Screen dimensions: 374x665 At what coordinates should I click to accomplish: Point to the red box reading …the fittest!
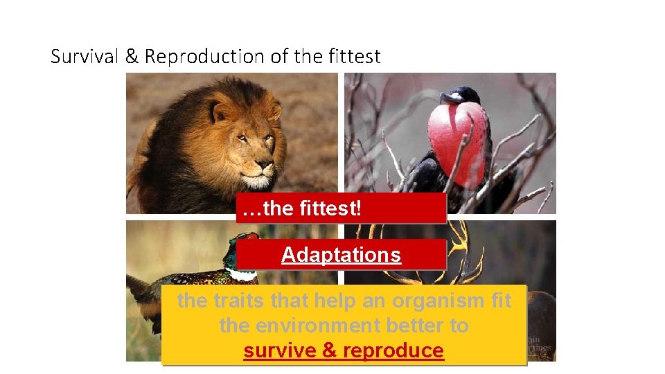(x=341, y=208)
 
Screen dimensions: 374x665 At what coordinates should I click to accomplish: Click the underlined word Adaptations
(x=341, y=255)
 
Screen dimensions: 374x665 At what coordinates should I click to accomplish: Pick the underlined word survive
(x=281, y=350)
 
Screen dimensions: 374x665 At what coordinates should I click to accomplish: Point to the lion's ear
(x=220, y=111)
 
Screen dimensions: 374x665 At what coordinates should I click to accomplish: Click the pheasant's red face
(x=251, y=239)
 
